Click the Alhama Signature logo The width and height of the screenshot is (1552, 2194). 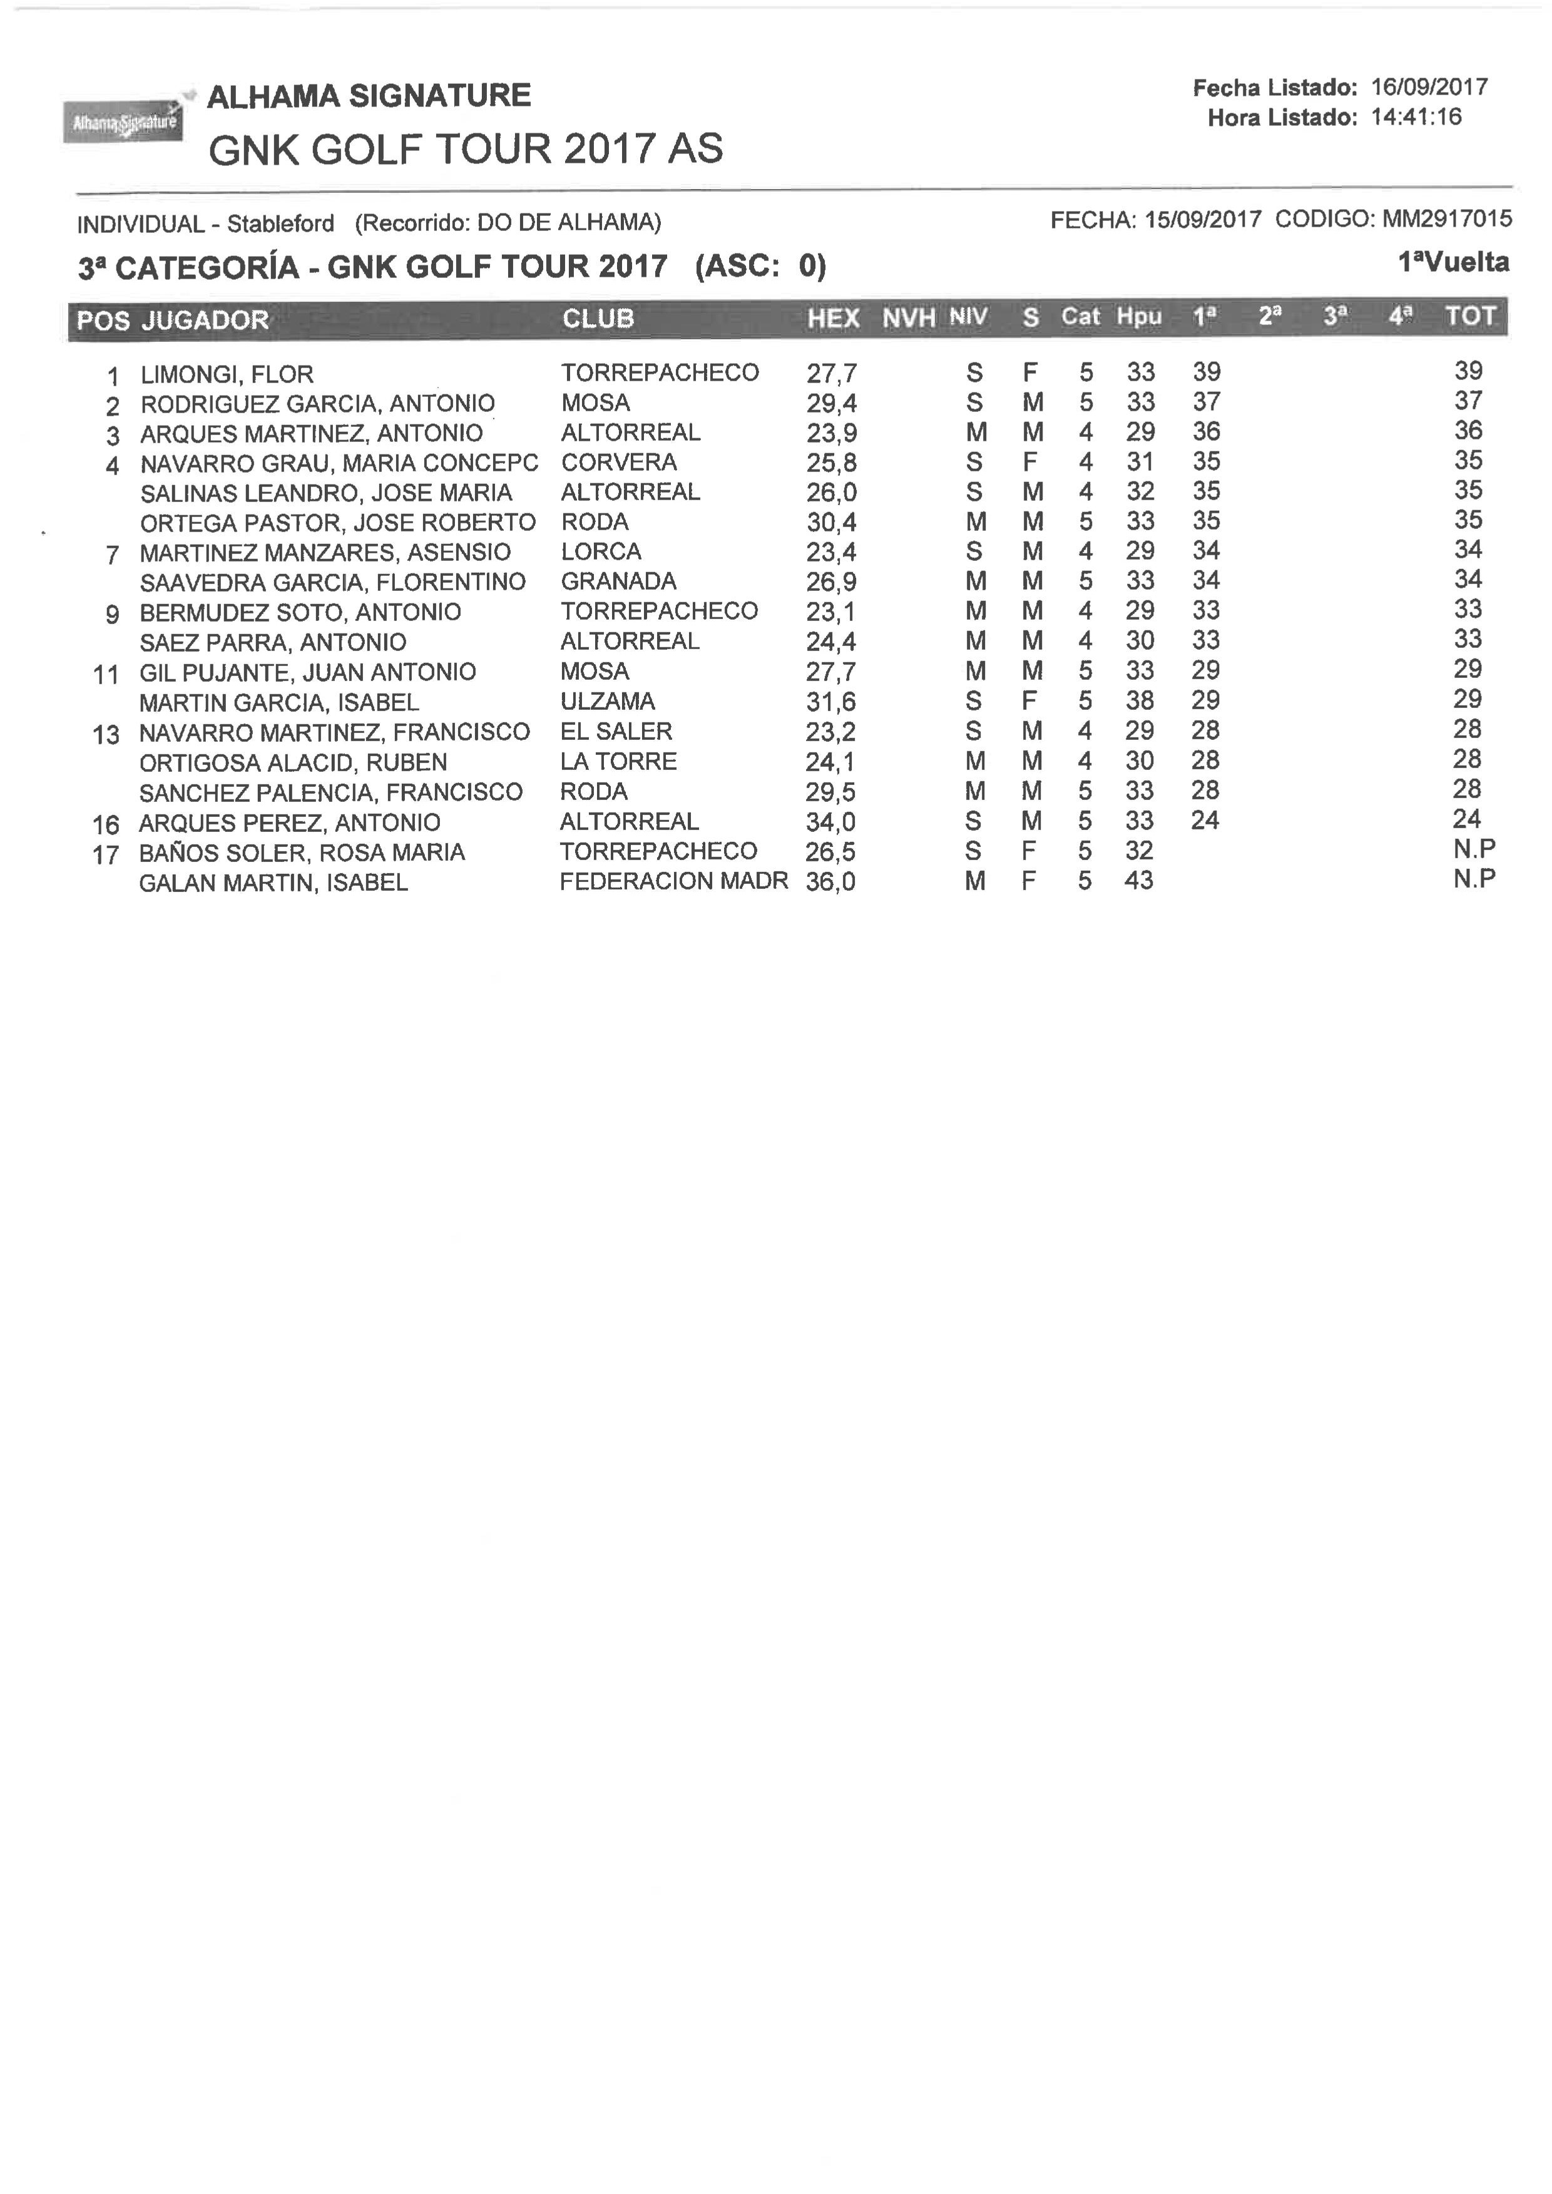tap(122, 121)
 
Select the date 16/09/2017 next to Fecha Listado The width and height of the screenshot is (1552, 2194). tap(1429, 87)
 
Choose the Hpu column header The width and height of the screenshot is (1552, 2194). tap(1139, 317)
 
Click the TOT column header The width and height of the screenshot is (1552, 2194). tap(1470, 317)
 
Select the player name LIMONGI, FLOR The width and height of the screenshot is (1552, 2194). tap(227, 374)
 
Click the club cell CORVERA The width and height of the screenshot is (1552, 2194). tap(620, 463)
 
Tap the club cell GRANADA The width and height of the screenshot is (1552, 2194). tap(618, 582)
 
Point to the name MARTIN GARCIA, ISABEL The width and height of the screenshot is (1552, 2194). tap(279, 703)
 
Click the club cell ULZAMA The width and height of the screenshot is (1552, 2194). tap(608, 702)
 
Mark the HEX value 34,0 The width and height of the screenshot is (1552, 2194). tap(830, 822)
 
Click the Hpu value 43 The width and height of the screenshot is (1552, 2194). tap(1139, 881)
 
